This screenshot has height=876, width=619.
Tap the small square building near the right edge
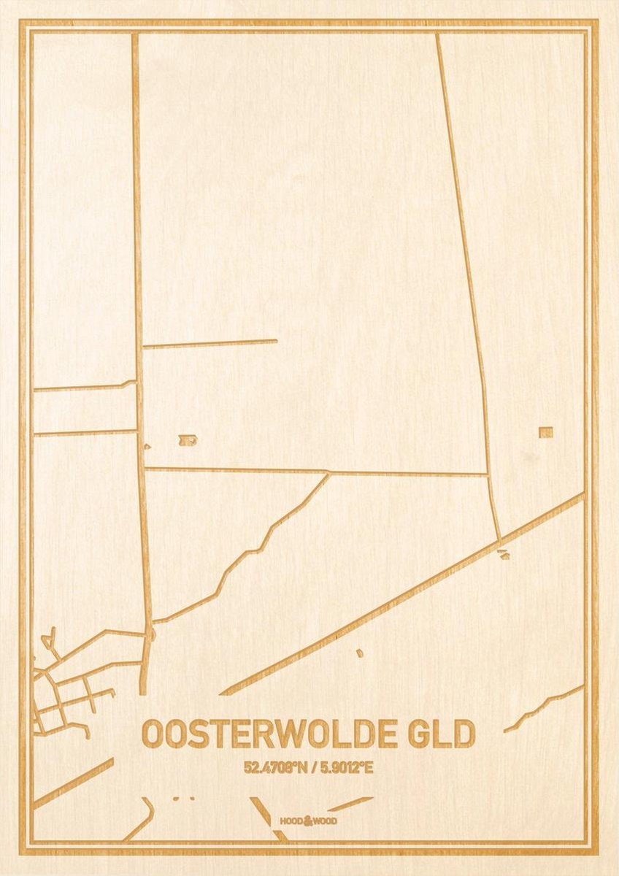546,432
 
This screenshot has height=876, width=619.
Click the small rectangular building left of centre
188,439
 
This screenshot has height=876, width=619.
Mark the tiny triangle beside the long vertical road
147,445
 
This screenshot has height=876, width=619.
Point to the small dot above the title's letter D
359,653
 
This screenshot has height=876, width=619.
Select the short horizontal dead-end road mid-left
209,342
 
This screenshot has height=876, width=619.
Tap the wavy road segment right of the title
543,707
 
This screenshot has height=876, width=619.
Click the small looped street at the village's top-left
50,640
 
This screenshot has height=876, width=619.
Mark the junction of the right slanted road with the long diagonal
500,541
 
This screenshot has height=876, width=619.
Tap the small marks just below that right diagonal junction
503,555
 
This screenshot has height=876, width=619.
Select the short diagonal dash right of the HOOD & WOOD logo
350,804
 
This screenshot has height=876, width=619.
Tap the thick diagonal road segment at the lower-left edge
73,783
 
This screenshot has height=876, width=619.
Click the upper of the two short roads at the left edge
84,386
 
